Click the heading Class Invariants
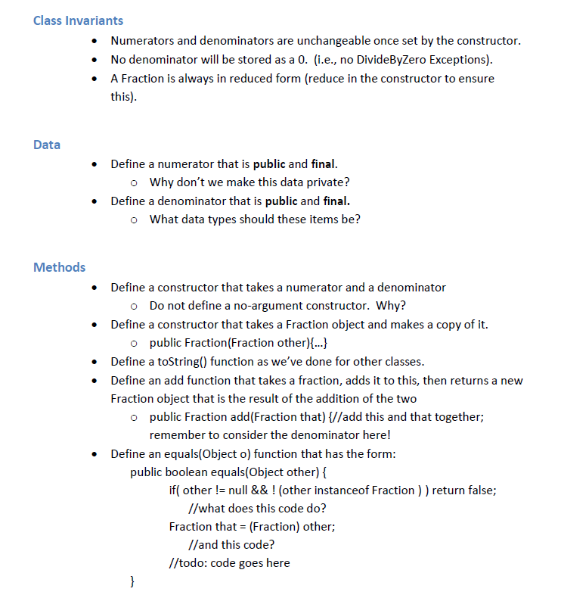[x=78, y=20]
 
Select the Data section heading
[x=47, y=145]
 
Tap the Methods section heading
[x=59, y=267]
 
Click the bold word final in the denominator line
[x=336, y=201]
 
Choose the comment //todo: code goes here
[x=229, y=563]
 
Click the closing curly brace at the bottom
[x=133, y=581]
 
